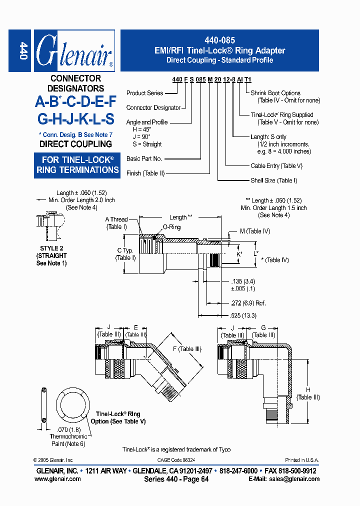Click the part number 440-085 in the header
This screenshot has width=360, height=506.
point(219,40)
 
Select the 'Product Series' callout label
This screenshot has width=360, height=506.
point(144,93)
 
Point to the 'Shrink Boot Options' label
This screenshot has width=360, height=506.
point(275,93)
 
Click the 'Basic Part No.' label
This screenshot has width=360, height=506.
point(144,158)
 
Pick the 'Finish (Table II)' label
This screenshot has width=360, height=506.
point(146,173)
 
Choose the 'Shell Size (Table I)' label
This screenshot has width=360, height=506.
point(274,180)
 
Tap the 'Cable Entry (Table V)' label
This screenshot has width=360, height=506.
point(276,165)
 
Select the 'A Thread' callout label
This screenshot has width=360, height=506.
point(116,219)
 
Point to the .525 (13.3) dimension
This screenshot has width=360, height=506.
point(244,315)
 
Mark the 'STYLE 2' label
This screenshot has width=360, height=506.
point(51,248)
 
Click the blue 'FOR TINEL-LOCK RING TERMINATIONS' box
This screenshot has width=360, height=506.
point(77,165)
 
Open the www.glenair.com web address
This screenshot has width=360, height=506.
point(57,479)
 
